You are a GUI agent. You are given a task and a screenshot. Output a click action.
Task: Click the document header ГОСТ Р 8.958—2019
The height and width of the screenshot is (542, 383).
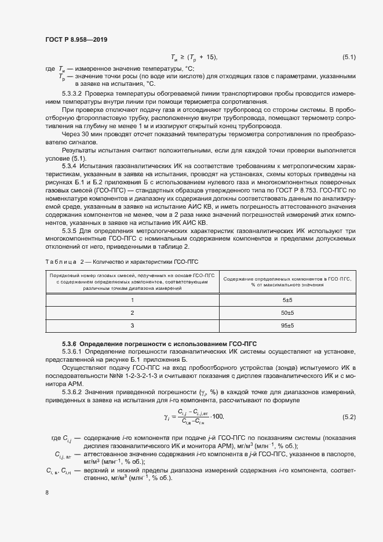[76, 39]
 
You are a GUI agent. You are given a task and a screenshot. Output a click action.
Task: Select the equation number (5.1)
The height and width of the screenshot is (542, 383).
[349, 57]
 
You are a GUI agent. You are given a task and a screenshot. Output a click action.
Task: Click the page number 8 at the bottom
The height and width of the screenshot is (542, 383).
[47, 492]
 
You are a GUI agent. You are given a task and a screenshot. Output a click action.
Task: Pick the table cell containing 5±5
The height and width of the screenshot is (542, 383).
[288, 300]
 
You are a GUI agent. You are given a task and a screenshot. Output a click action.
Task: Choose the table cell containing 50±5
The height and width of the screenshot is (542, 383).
[288, 312]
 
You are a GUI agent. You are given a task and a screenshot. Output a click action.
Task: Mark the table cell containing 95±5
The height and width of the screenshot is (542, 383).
[288, 326]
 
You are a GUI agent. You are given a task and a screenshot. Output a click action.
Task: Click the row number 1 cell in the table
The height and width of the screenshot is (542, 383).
[132, 300]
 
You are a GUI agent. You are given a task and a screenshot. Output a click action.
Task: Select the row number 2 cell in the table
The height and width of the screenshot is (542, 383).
[132, 312]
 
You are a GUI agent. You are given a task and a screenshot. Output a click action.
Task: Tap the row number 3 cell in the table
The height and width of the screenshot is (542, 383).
[132, 326]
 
